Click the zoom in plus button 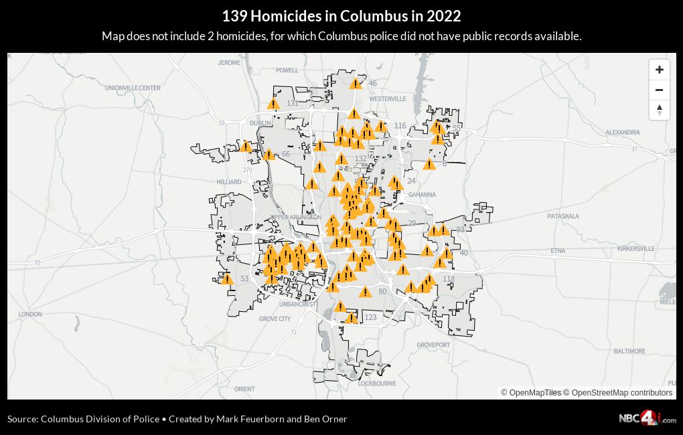[x=659, y=70]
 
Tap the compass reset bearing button [x=659, y=110]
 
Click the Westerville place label [x=388, y=99]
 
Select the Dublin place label [x=260, y=123]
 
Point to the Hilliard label [x=229, y=182]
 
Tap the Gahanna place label [x=422, y=195]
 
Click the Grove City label [x=275, y=319]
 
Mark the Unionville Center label [x=133, y=88]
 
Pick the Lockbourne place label [x=377, y=383]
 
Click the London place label [x=30, y=314]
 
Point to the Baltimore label [x=629, y=351]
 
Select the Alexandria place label [x=623, y=133]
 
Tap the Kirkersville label [x=636, y=248]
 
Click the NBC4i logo [x=647, y=418]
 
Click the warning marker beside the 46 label [x=356, y=84]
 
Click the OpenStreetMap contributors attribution [x=621, y=393]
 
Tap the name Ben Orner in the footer [x=326, y=419]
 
